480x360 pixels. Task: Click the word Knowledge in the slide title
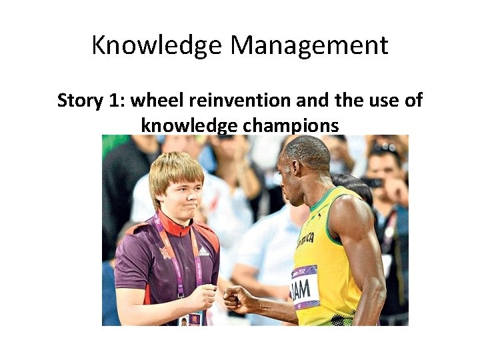point(157,46)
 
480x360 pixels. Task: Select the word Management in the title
point(309,46)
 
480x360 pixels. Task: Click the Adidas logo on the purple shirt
point(203,251)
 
